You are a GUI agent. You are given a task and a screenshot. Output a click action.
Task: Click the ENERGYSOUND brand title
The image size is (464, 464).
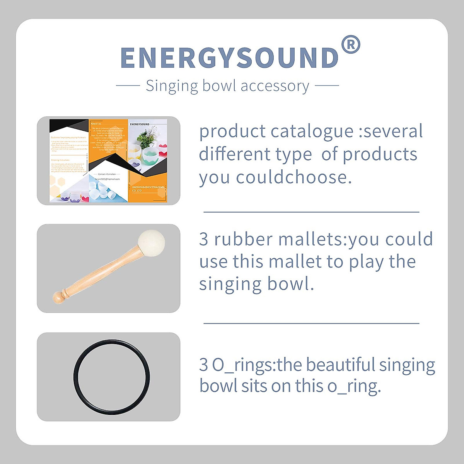[x=230, y=58]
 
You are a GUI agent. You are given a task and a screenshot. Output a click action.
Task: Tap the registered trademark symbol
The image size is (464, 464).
[x=351, y=45]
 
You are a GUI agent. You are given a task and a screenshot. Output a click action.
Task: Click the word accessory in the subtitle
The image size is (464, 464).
[x=275, y=86]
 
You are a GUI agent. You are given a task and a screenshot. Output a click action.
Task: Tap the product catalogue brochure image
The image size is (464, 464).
[x=109, y=160]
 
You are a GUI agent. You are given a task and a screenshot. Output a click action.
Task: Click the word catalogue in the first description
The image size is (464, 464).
[x=312, y=131]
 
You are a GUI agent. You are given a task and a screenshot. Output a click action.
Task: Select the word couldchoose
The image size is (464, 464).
[x=294, y=177]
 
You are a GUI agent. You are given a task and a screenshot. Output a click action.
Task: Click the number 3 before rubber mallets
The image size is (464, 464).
[x=204, y=239]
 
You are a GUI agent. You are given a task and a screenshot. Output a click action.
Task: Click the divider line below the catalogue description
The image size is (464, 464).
[x=311, y=212]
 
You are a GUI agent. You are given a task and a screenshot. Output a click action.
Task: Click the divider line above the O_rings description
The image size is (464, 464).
[x=311, y=323]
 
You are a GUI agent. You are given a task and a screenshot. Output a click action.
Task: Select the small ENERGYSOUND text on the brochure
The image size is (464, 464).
[x=140, y=125]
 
